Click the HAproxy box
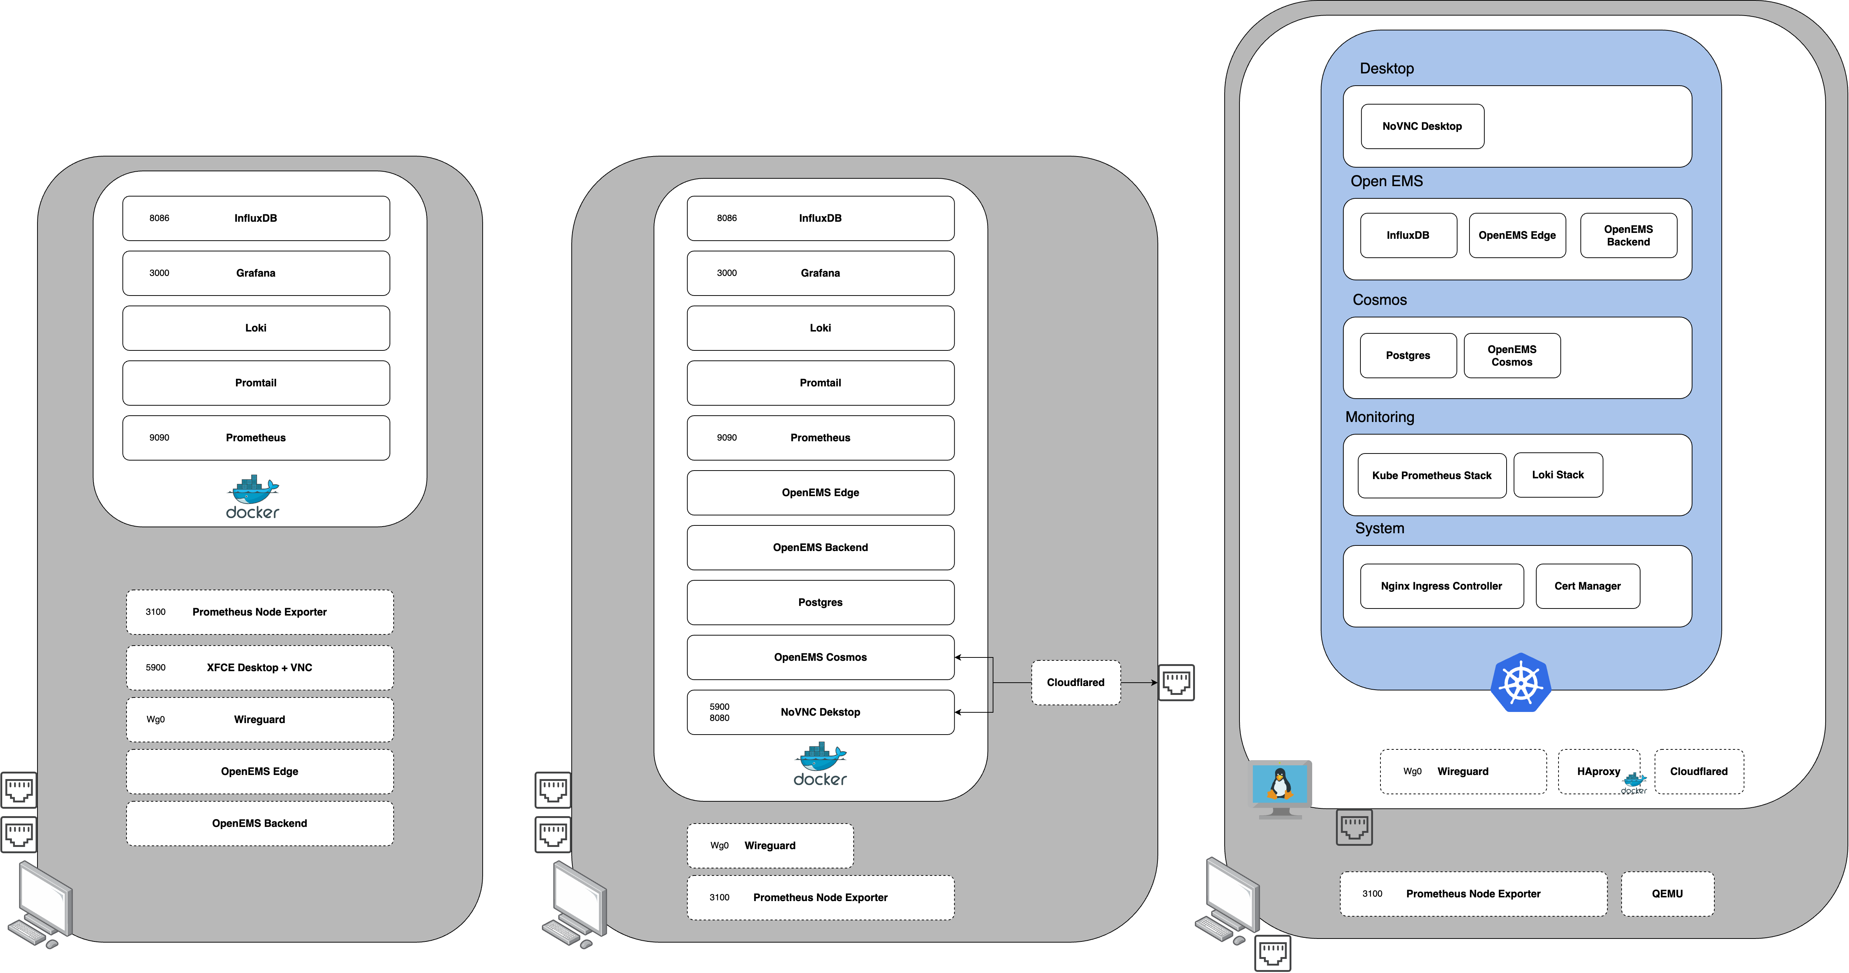point(1599,771)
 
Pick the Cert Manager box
point(1587,586)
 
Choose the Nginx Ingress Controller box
point(1441,586)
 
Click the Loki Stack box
point(1557,475)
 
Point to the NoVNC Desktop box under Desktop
point(1422,126)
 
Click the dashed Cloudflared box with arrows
point(1075,682)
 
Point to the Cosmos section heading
point(1380,300)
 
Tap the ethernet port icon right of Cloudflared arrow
point(1176,682)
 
